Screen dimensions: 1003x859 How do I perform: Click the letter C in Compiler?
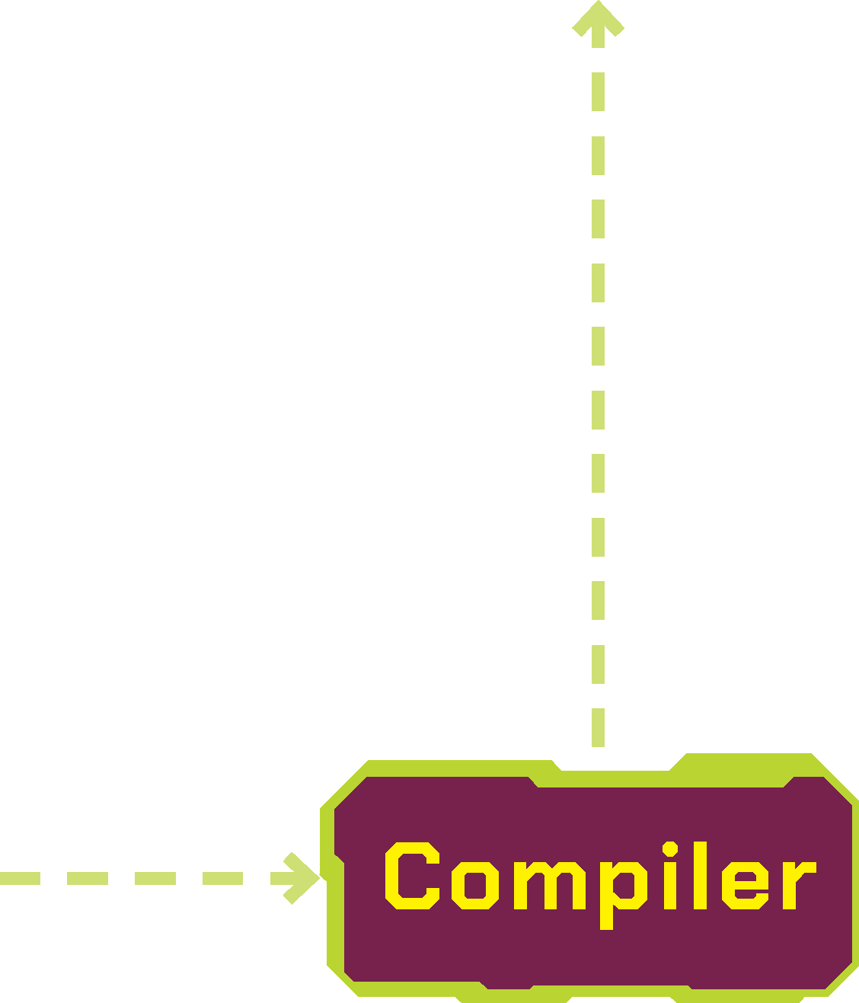click(412, 876)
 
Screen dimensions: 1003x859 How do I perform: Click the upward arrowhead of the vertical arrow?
click(599, 19)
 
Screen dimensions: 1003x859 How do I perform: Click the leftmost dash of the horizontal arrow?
click(20, 879)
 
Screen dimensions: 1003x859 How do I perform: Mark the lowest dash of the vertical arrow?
click(599, 727)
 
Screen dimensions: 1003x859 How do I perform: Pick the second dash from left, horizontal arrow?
click(87, 879)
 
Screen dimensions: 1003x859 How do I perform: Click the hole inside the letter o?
click(475, 883)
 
